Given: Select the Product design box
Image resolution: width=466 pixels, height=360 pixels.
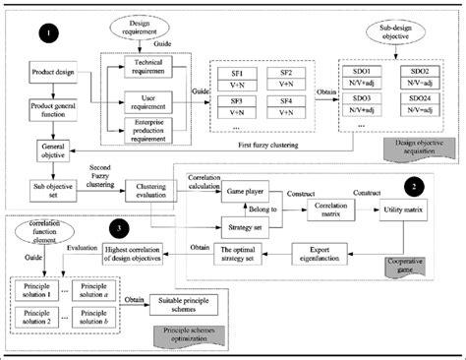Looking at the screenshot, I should coord(47,73).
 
